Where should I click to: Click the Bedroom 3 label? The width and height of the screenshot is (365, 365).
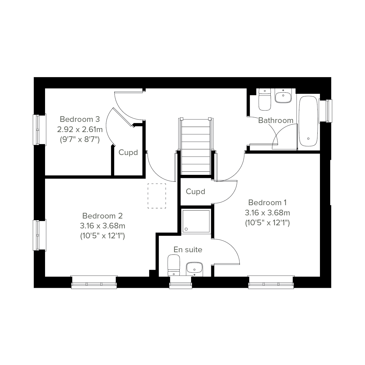point(80,119)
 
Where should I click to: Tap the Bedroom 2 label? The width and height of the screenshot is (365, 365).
point(103,216)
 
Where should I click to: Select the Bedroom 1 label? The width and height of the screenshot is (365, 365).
point(268,203)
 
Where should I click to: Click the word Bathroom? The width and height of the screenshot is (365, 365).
point(276,120)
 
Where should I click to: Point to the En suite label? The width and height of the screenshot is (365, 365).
point(188,250)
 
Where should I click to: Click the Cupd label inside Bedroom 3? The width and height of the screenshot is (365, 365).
point(128,152)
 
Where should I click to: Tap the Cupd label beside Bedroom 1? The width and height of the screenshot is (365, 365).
point(196,192)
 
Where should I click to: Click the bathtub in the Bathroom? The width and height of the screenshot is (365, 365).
point(308,121)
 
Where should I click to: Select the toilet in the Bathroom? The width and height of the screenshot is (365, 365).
point(265,100)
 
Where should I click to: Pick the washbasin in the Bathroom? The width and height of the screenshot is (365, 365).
point(283,96)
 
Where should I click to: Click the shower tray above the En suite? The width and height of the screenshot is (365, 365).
point(196,221)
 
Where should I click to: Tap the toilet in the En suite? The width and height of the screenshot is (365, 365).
point(174,265)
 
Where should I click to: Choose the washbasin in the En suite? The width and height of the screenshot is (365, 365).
point(194,269)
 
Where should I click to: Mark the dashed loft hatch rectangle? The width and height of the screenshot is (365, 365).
point(157,196)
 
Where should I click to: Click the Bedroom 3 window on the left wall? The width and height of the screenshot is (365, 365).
point(39,130)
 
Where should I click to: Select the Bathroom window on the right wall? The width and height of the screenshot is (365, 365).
point(326,111)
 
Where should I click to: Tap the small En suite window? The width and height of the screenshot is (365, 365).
point(181,283)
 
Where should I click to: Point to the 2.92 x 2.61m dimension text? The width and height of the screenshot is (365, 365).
point(80,130)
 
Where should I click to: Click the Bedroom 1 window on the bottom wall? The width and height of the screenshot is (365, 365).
point(271,283)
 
